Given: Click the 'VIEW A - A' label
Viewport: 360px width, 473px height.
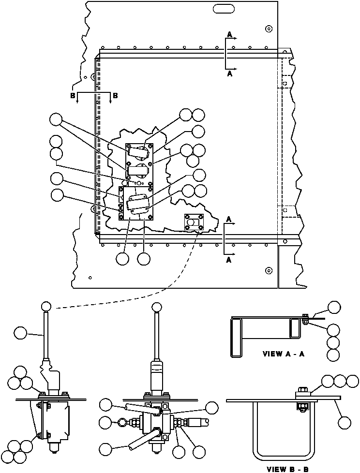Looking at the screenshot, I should click(x=283, y=354).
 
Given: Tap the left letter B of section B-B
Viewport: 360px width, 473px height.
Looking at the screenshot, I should click(x=73, y=96).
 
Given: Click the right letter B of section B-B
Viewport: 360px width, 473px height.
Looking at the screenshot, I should click(x=115, y=96).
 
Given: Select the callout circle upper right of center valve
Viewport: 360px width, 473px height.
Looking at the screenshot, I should click(x=211, y=408).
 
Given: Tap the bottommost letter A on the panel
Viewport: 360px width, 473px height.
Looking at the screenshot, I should click(x=229, y=260).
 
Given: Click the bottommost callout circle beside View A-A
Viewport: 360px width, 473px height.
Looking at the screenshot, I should click(x=333, y=355).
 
